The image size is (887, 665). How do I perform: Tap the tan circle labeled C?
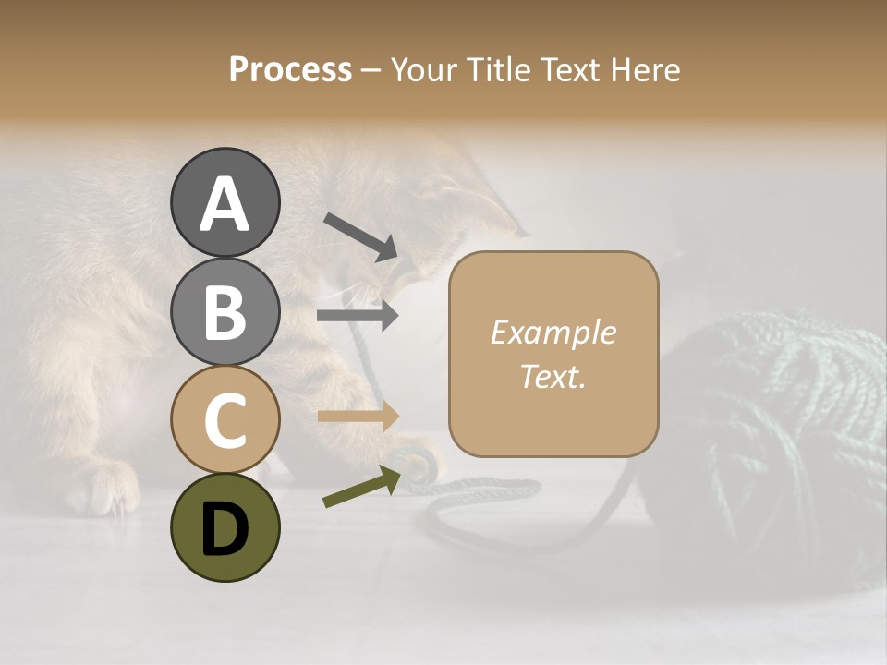225,419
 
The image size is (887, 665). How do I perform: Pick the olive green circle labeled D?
225,527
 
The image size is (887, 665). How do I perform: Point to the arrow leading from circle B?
358,316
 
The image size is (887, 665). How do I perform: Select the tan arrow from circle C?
358,416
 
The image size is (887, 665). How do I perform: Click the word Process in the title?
290,70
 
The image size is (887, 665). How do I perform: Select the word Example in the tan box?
553,333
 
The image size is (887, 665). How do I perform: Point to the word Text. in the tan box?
553,377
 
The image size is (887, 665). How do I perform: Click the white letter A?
225,204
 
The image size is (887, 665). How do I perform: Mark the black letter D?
225,529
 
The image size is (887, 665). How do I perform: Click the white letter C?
225,420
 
